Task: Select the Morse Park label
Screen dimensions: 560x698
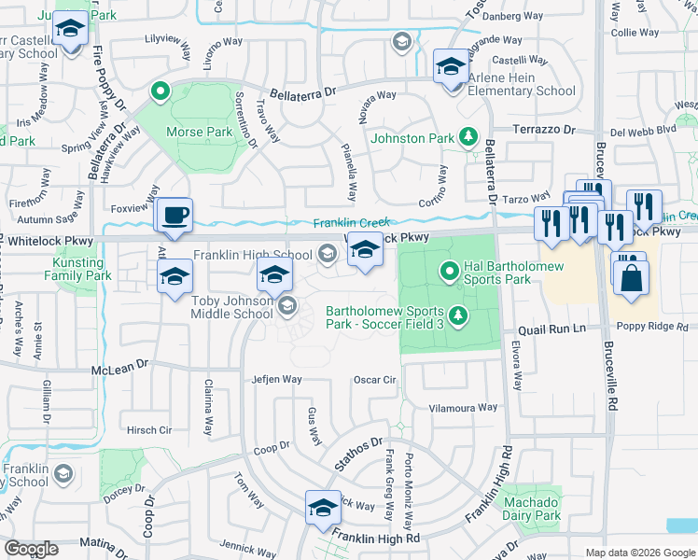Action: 199,132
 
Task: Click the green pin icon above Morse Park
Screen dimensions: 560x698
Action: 160,91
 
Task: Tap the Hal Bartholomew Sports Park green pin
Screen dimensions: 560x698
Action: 449,272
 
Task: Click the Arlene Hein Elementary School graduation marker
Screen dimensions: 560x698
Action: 450,67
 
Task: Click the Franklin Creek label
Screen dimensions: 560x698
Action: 350,223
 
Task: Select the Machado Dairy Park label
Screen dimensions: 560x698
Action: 532,509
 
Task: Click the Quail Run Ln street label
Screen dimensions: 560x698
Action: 551,329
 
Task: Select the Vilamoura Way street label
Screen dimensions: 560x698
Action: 463,408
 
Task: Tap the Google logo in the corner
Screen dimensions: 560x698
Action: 32,549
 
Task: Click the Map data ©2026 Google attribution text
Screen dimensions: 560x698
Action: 639,553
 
